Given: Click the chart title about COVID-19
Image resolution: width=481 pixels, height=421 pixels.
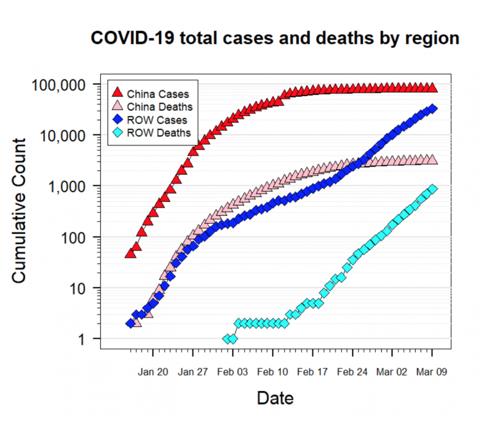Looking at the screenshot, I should [275, 38].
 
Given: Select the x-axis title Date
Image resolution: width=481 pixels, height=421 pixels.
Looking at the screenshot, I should [275, 398].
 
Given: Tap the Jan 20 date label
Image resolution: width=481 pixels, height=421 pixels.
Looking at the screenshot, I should [153, 371].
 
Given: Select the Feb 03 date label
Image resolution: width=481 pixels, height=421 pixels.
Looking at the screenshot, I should [233, 371].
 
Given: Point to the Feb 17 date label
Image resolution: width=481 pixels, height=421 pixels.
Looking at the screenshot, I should [312, 371].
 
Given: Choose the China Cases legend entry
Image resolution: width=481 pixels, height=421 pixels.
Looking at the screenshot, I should [153, 92].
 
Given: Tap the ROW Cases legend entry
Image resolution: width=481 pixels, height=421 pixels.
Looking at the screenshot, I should [153, 120].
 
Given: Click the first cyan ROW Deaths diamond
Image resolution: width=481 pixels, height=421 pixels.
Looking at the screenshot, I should [227, 338].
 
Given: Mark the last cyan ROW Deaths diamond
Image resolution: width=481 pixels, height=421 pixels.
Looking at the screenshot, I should [432, 189].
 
